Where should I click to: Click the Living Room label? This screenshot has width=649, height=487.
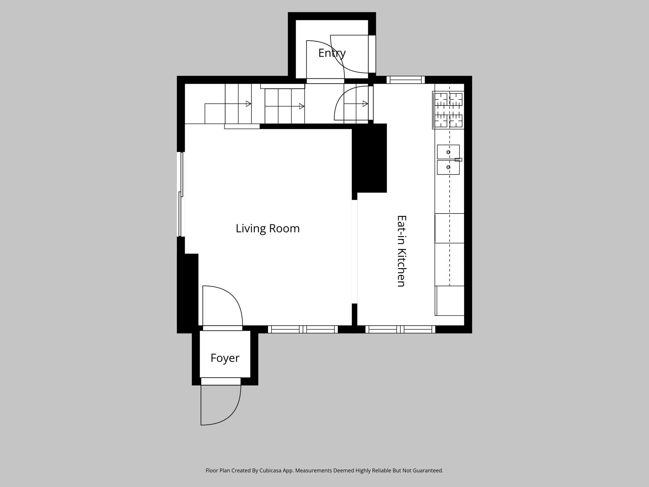(268, 229)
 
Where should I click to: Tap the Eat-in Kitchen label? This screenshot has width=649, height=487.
(401, 251)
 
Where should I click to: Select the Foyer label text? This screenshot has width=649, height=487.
(225, 358)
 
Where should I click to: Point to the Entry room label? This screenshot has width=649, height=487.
(332, 53)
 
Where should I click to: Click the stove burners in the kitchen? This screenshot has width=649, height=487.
(448, 110)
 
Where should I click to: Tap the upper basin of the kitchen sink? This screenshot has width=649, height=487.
(448, 152)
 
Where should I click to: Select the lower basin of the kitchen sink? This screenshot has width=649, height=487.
(448, 167)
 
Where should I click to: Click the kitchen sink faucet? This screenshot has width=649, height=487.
(458, 160)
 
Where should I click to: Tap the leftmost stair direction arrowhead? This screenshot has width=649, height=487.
(248, 104)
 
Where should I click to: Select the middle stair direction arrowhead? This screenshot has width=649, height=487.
(302, 106)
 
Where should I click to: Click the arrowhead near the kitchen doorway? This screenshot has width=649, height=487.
(365, 104)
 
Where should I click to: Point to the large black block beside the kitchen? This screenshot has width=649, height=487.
(369, 158)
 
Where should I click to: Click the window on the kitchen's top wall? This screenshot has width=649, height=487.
(406, 80)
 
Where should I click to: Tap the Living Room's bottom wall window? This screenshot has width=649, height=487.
(303, 329)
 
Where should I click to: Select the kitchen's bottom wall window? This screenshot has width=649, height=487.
(400, 329)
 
